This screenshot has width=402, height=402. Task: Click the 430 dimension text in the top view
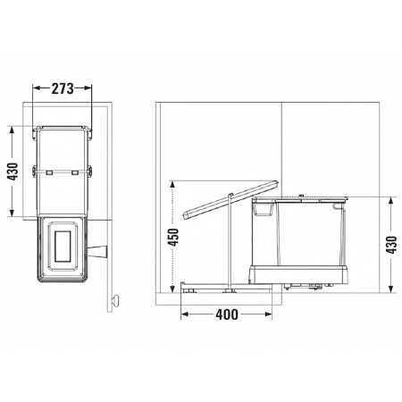pos(13,172)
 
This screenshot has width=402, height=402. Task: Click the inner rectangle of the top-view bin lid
pos(64,247)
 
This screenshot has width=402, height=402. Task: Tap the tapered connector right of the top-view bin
pos(99,251)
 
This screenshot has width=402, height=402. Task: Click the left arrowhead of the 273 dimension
pos(36,88)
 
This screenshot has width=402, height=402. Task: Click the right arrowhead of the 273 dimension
pos(89,88)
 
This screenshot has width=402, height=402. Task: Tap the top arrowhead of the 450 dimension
pos(174,183)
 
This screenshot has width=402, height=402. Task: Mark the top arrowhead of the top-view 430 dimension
pos(13,128)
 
